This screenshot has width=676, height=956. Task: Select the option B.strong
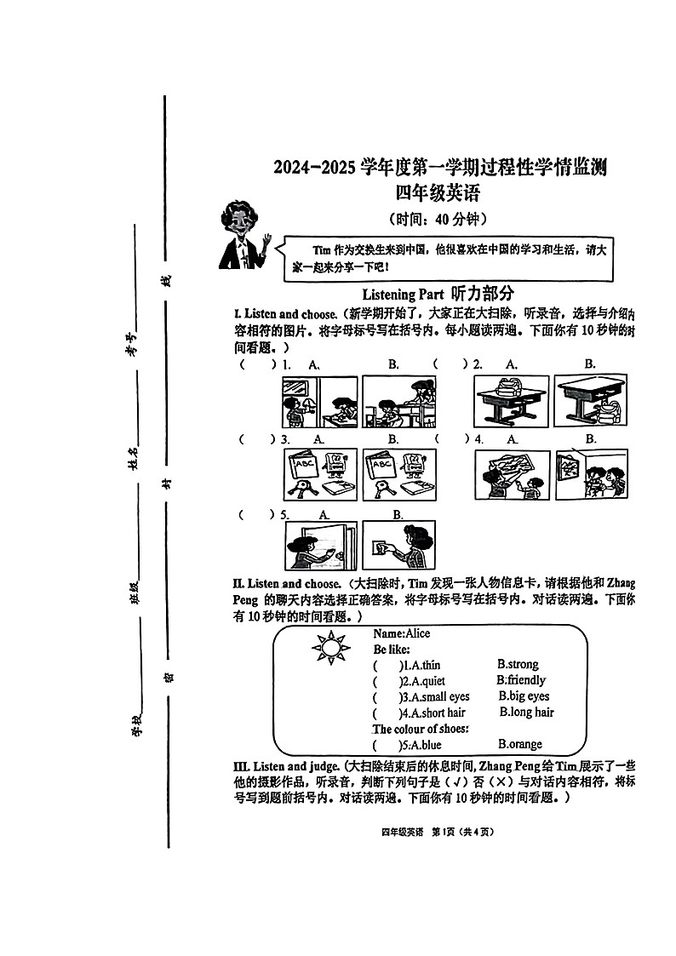click(x=518, y=664)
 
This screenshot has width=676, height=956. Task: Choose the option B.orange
click(x=519, y=744)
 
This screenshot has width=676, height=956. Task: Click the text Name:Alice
click(x=402, y=633)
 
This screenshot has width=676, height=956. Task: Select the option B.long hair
click(x=526, y=713)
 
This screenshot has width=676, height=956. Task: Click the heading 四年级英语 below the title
click(x=439, y=194)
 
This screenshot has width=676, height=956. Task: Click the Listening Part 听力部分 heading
click(x=438, y=294)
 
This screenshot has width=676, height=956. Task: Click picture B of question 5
click(x=398, y=546)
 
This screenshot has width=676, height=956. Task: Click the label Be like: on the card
click(x=392, y=649)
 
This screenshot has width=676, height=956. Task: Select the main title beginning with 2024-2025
click(x=439, y=167)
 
